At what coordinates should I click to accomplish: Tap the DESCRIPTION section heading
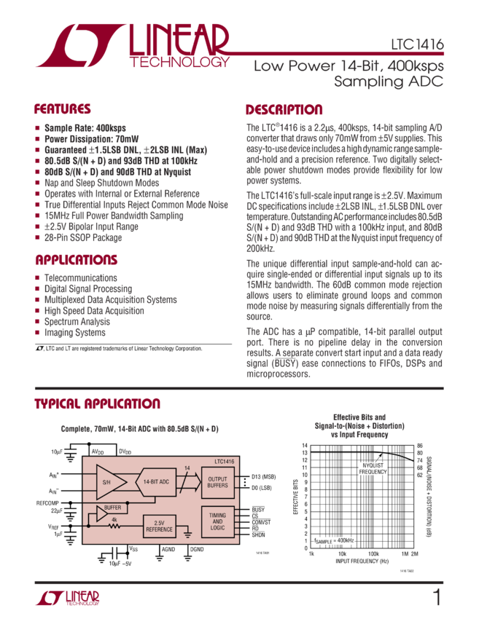(x=284, y=110)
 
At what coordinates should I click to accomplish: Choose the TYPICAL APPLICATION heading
(x=97, y=404)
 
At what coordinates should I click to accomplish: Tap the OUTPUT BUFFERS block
(x=218, y=481)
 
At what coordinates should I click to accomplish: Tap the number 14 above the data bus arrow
(x=187, y=468)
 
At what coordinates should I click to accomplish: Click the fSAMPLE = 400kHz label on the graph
(x=335, y=540)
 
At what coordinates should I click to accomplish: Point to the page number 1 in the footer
(x=437, y=599)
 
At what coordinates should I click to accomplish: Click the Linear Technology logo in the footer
(x=68, y=598)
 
